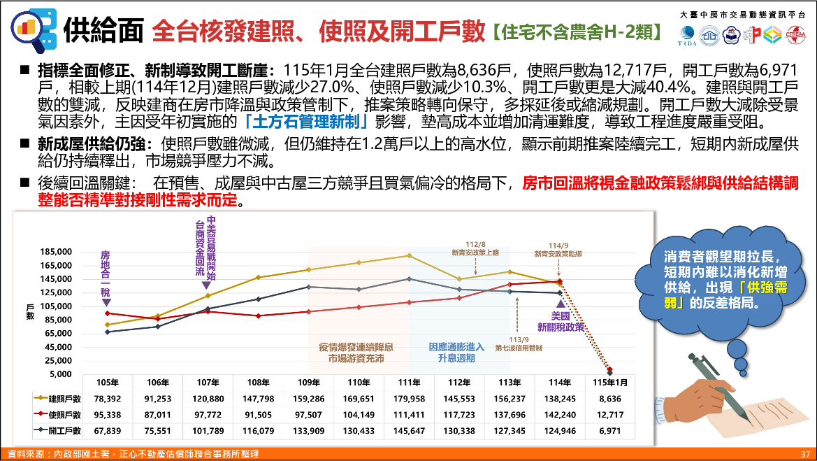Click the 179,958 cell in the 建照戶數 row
(409, 398)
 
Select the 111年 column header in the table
(409, 382)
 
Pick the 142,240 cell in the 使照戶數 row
(560, 414)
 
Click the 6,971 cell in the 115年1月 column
(610, 430)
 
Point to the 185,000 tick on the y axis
(56, 253)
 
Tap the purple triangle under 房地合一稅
(106, 302)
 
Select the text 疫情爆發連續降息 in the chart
(356, 346)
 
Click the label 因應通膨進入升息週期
(456, 352)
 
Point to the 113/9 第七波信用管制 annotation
(518, 343)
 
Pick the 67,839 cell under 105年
(108, 430)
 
